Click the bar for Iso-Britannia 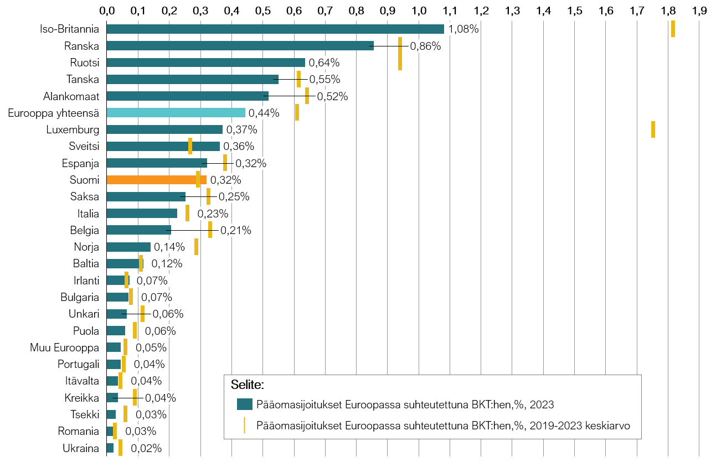tap(275, 29)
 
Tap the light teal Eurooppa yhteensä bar tap(176, 113)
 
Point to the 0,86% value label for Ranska tap(425, 46)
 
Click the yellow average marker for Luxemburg tap(653, 129)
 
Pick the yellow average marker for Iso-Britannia tap(673, 29)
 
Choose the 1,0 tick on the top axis tap(419, 10)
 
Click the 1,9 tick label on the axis tap(700, 10)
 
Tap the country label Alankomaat tap(71, 96)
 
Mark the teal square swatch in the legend tap(244, 404)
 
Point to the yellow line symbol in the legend tap(244, 425)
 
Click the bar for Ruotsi tap(205, 63)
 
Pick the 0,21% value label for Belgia tap(236, 231)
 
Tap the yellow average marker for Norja tap(196, 247)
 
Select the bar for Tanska tap(192, 79)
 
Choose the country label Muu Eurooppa tap(65, 347)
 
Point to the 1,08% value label tap(463, 29)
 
